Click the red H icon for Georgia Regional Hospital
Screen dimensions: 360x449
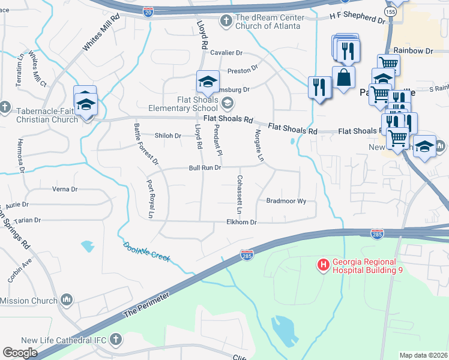pyautogui.click(x=323, y=265)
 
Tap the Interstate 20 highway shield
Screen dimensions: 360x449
pyautogui.click(x=149, y=10)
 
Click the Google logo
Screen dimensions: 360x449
pyautogui.click(x=20, y=352)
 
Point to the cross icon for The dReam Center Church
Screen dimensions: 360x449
pyautogui.click(x=226, y=22)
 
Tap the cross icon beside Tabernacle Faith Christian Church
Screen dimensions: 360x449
pyautogui.click(x=5, y=107)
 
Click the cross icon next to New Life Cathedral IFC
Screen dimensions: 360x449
pyautogui.click(x=116, y=340)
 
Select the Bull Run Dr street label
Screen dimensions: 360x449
pyautogui.click(x=205, y=168)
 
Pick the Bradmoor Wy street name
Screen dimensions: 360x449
pyautogui.click(x=286, y=202)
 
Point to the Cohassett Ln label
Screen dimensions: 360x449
pyautogui.click(x=239, y=195)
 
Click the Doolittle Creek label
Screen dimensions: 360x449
pyautogui.click(x=146, y=251)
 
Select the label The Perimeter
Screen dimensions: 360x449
pyautogui.click(x=146, y=305)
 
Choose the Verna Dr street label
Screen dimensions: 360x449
pyautogui.click(x=65, y=189)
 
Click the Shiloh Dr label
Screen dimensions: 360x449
pyautogui.click(x=168, y=136)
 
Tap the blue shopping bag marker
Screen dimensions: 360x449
pyautogui.click(x=343, y=77)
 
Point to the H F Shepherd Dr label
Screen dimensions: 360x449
pyautogui.click(x=357, y=20)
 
